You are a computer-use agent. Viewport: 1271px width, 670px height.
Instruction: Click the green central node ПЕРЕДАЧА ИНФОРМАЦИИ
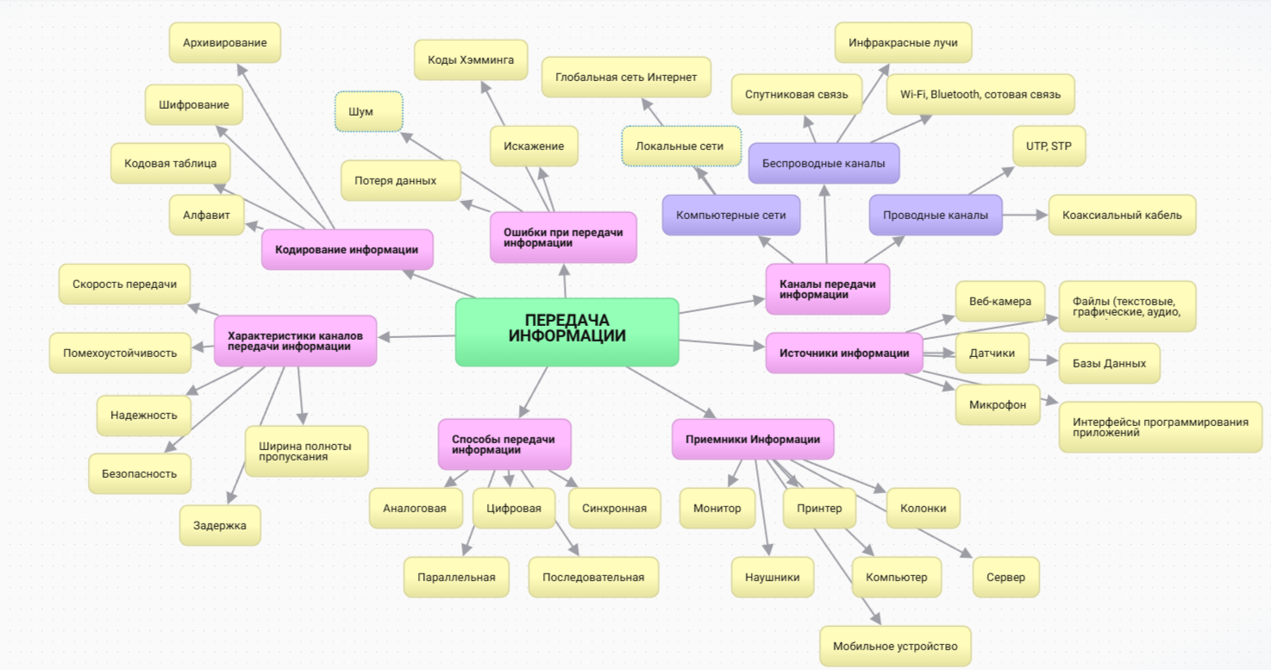(x=567, y=332)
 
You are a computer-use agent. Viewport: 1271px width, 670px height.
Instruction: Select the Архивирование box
(x=225, y=42)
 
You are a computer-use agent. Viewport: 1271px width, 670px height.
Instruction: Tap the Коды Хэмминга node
(x=471, y=59)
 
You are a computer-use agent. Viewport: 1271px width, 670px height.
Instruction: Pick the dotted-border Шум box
(x=368, y=111)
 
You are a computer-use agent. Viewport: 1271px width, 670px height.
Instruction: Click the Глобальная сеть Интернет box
(x=626, y=77)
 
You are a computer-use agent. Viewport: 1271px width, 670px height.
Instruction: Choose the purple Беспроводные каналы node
(x=823, y=163)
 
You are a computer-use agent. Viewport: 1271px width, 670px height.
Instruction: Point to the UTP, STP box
(x=1049, y=146)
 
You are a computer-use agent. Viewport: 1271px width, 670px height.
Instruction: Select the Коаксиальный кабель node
(x=1122, y=215)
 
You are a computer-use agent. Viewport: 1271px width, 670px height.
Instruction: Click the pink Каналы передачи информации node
(x=828, y=289)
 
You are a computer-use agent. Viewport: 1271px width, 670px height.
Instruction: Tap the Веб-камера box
(x=999, y=302)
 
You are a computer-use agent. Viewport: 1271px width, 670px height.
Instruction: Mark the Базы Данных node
(x=1109, y=363)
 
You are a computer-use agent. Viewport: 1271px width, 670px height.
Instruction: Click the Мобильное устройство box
(x=895, y=646)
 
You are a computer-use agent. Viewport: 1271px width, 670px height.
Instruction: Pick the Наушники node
(x=773, y=577)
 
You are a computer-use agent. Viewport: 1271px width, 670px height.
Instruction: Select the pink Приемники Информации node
(x=753, y=439)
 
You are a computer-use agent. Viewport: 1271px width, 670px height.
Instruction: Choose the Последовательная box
(x=593, y=577)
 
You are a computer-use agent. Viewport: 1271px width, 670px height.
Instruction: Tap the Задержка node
(x=220, y=525)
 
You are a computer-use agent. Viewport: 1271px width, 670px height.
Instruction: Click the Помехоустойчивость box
(x=120, y=353)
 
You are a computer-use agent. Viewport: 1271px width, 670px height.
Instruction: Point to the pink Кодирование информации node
(x=347, y=249)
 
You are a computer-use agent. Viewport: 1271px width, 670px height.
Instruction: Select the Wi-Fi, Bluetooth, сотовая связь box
(x=980, y=94)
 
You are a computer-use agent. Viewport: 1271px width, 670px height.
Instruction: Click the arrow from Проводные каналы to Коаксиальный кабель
(x=1025, y=215)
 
